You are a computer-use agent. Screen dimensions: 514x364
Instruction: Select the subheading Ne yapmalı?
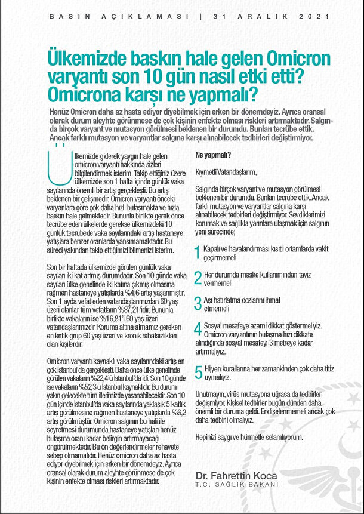[213, 155]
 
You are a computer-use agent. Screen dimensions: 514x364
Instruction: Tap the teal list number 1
[198, 253]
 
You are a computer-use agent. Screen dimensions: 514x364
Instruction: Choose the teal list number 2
[199, 278]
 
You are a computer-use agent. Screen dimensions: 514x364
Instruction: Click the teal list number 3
[199, 303]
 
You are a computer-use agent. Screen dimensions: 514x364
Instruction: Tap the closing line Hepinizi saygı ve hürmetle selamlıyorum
[249, 437]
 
